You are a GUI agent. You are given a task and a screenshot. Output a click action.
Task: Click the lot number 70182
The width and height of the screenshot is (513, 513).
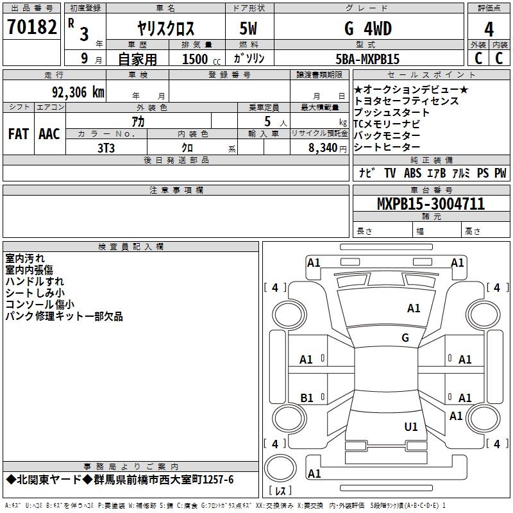[x=32, y=28]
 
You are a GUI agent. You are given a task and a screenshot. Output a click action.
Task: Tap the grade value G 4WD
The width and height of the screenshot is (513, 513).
[x=367, y=29]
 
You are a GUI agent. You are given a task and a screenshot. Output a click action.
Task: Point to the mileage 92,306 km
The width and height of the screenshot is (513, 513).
[x=78, y=92]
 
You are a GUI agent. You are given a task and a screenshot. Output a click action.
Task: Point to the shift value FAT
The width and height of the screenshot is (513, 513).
[x=18, y=134]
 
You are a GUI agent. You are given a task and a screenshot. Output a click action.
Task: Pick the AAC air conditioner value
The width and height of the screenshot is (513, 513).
[x=49, y=134]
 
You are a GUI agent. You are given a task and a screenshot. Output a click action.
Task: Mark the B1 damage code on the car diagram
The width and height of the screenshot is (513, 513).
[x=307, y=398]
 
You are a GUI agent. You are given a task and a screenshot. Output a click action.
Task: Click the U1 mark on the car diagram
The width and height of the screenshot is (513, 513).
[x=411, y=426]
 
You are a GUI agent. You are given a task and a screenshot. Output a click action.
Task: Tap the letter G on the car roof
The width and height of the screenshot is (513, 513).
[x=405, y=338]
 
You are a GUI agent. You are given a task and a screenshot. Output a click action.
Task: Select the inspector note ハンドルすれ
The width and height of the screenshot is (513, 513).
[x=35, y=282]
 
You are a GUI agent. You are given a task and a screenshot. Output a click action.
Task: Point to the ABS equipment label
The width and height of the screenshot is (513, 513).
[x=413, y=173]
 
